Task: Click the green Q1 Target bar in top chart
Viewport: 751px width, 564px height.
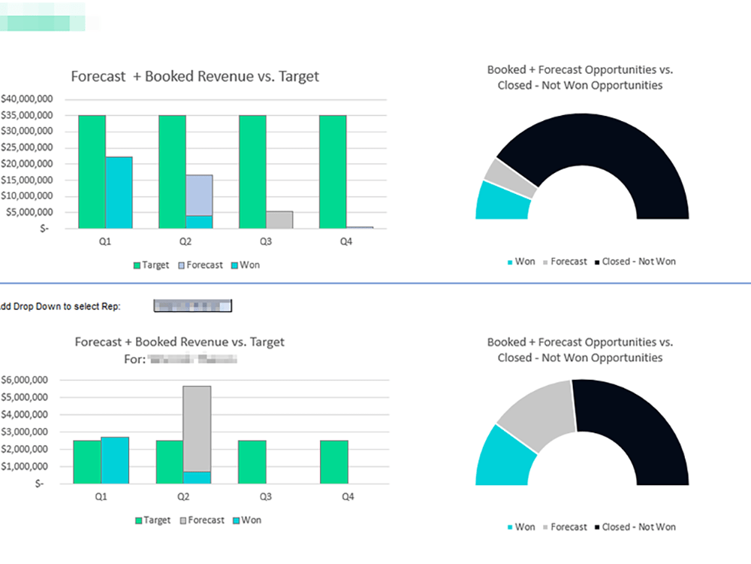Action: click(92, 171)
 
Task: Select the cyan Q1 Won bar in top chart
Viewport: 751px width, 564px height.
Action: click(119, 193)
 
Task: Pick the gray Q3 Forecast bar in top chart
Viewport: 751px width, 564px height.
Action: click(279, 220)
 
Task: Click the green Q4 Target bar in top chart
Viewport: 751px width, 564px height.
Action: click(333, 171)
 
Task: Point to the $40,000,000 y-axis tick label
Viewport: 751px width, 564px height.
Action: click(26, 99)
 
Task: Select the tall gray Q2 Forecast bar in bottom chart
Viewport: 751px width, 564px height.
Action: click(197, 428)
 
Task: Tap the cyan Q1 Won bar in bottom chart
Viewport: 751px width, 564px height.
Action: click(115, 460)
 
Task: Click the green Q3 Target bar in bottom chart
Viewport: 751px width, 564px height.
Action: click(252, 462)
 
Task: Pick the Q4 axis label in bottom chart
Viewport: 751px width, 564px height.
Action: click(348, 497)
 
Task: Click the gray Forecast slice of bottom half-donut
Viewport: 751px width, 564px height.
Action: click(536, 409)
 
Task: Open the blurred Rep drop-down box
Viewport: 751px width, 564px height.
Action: click(193, 305)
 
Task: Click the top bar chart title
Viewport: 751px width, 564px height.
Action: click(195, 76)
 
